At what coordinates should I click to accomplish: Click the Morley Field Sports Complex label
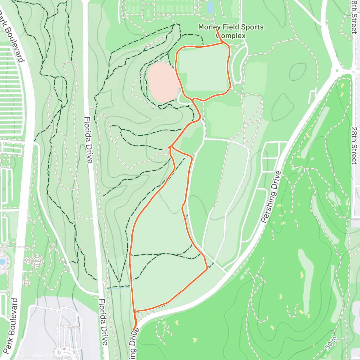231,31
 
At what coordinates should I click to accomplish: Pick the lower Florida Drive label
103,322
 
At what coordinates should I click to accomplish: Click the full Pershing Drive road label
271,196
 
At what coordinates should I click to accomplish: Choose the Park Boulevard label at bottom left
10,325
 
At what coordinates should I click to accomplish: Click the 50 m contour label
331,343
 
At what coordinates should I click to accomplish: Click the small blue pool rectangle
210,7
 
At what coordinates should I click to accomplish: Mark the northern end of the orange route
217,29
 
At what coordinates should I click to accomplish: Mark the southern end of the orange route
133,330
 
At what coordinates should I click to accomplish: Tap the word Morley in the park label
209,27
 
